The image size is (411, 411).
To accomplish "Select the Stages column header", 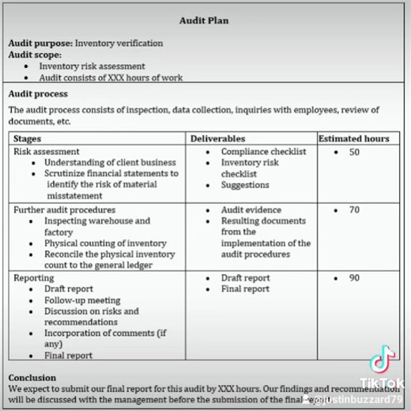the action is coord(30,138).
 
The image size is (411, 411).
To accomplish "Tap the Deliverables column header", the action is coord(218,138).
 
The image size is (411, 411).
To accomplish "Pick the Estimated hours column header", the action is coord(354,138).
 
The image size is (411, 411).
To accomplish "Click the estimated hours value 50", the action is coord(354,152).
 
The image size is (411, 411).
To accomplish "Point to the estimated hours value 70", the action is coord(354,210).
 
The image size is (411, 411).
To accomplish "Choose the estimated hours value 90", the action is coord(354,278).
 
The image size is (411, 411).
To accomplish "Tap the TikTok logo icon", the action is coord(382,360).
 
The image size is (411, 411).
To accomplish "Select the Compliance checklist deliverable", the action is coord(263,152).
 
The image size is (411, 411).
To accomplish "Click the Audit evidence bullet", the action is coord(251,210).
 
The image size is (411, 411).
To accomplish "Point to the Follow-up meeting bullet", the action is coord(82,300).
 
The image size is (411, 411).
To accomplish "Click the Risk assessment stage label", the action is coord(47,151).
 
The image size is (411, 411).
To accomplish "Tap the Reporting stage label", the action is coord(36,278).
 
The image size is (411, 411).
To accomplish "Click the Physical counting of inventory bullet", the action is coord(105,243).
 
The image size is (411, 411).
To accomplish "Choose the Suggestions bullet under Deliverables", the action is coord(245,185).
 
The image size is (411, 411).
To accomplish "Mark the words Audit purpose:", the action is coord(40,43).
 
